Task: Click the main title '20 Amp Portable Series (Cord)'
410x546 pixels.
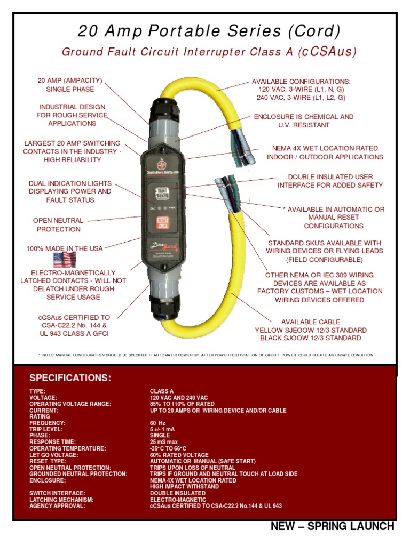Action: click(x=209, y=31)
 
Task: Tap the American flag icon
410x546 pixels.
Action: click(x=65, y=260)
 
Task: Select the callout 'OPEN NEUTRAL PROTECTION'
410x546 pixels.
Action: click(x=58, y=224)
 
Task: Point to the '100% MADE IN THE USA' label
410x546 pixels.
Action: click(x=65, y=248)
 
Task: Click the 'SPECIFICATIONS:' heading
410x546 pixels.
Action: click(x=70, y=378)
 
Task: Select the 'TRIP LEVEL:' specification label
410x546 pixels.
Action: click(x=46, y=430)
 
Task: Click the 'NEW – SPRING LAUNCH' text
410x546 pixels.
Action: click(x=333, y=527)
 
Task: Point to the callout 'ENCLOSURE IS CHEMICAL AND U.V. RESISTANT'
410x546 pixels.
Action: click(x=303, y=121)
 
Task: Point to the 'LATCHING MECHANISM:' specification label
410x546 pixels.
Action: click(x=61, y=500)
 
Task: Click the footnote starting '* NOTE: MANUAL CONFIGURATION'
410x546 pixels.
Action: click(x=206, y=355)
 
